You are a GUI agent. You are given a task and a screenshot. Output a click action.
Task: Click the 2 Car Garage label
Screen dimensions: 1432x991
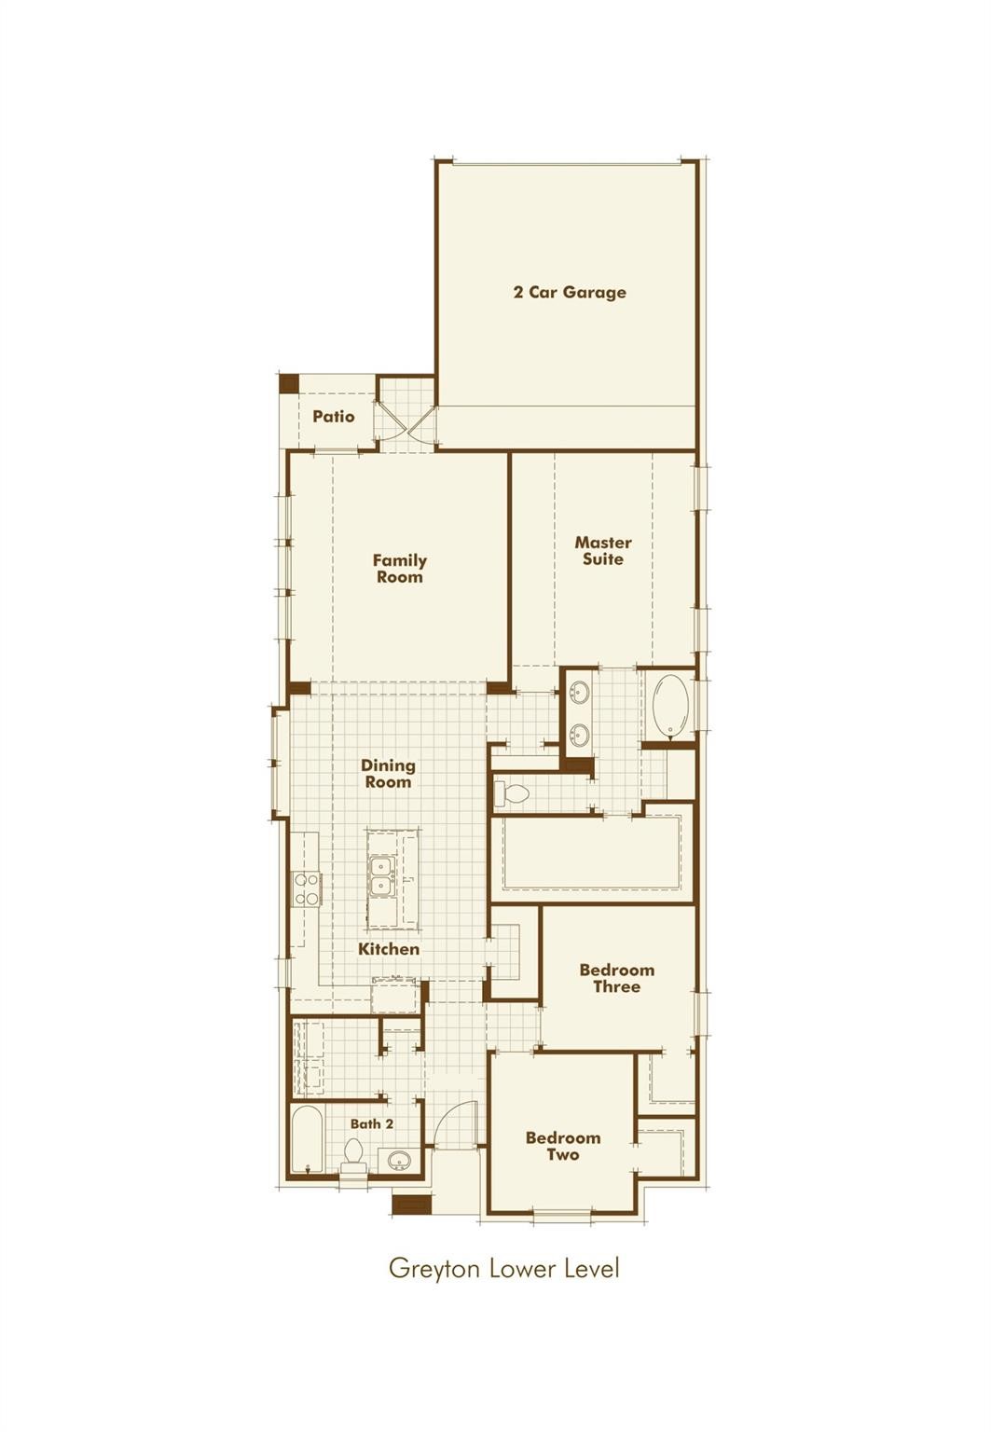[x=570, y=292]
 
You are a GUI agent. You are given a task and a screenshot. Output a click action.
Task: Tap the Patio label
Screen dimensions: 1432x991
[x=334, y=416]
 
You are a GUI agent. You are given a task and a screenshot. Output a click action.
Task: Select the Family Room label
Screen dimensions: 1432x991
[x=399, y=569]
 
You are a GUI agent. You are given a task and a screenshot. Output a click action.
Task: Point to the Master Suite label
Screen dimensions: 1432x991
[x=603, y=550]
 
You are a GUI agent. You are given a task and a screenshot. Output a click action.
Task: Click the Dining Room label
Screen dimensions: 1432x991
[x=388, y=774]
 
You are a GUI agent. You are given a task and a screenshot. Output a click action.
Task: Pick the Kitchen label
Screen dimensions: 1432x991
[x=389, y=949]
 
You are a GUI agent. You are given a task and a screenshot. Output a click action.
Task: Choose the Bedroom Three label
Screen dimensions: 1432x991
[x=616, y=978]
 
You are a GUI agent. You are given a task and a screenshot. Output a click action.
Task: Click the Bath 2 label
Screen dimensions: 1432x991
[x=372, y=1123]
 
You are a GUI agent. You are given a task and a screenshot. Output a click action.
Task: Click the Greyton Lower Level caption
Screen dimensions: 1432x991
[x=503, y=1268]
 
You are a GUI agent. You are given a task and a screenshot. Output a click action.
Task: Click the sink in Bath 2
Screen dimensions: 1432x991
[x=400, y=1161]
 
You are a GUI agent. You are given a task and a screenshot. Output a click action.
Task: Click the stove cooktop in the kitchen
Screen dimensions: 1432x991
[x=306, y=888]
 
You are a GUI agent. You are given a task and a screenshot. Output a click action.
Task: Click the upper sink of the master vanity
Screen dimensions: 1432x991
[x=580, y=694]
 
